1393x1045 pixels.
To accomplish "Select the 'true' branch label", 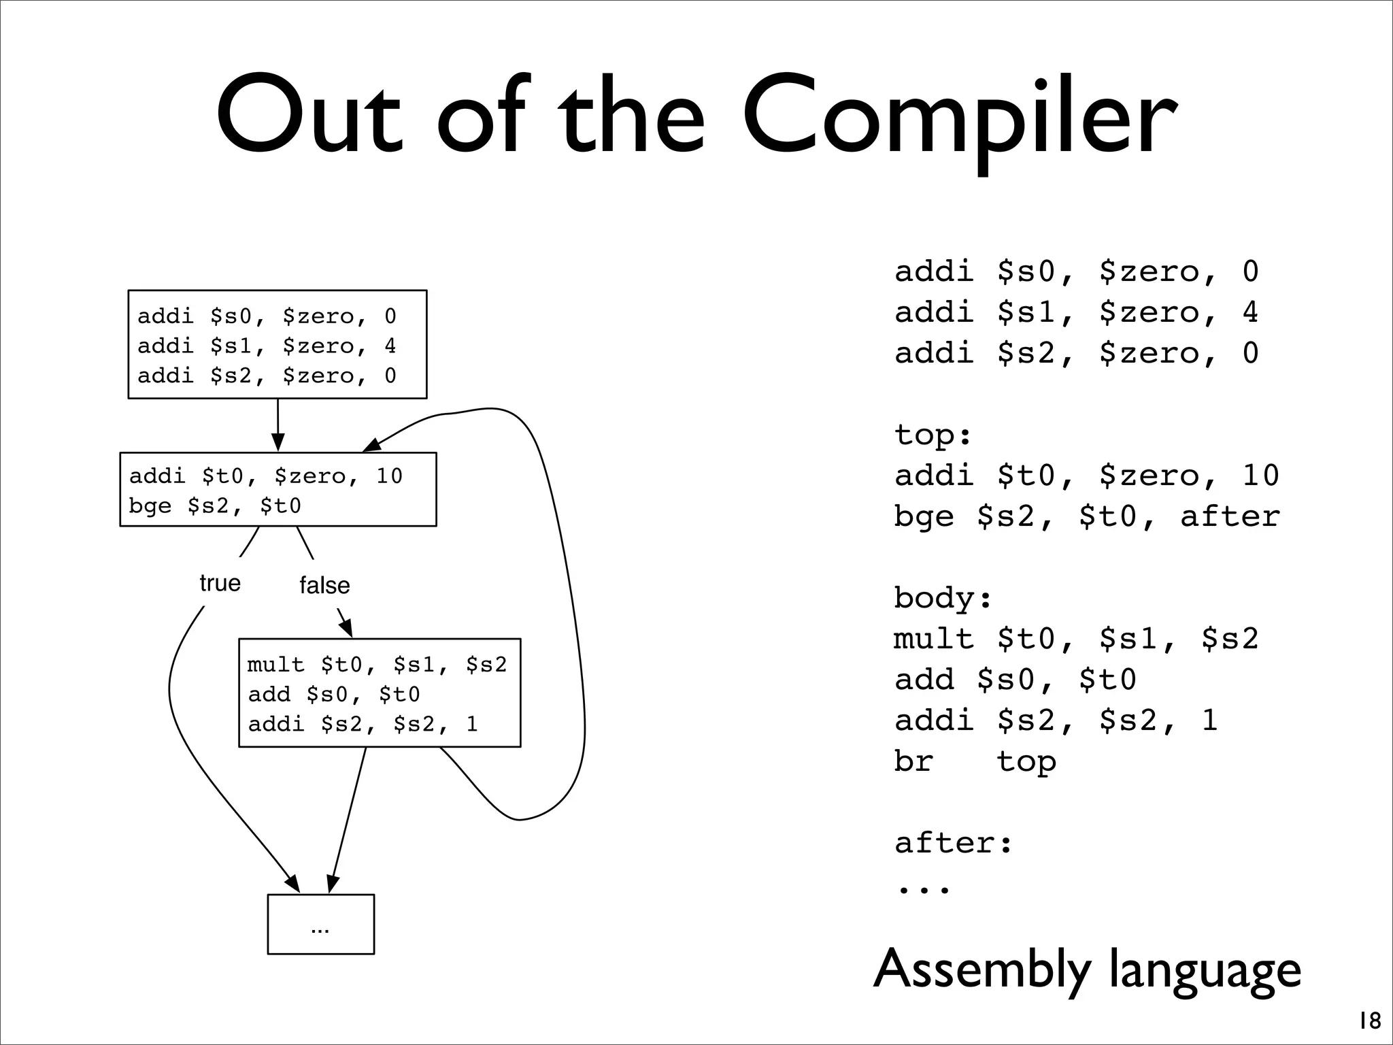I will (x=220, y=583).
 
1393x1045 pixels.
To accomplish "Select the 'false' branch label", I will (x=324, y=585).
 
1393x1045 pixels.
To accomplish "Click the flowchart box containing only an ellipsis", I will (x=320, y=924).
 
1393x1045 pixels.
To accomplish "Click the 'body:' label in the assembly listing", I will (x=943, y=598).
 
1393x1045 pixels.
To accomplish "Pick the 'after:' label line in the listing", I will (x=953, y=843).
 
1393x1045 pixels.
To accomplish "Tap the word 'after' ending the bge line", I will (x=1230, y=516).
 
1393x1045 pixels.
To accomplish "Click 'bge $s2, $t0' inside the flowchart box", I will (x=215, y=506).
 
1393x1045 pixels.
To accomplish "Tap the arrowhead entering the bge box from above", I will (x=278, y=444).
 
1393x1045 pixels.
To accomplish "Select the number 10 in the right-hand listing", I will (x=1260, y=476).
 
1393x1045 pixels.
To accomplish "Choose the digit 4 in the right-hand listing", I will (x=1250, y=312).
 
